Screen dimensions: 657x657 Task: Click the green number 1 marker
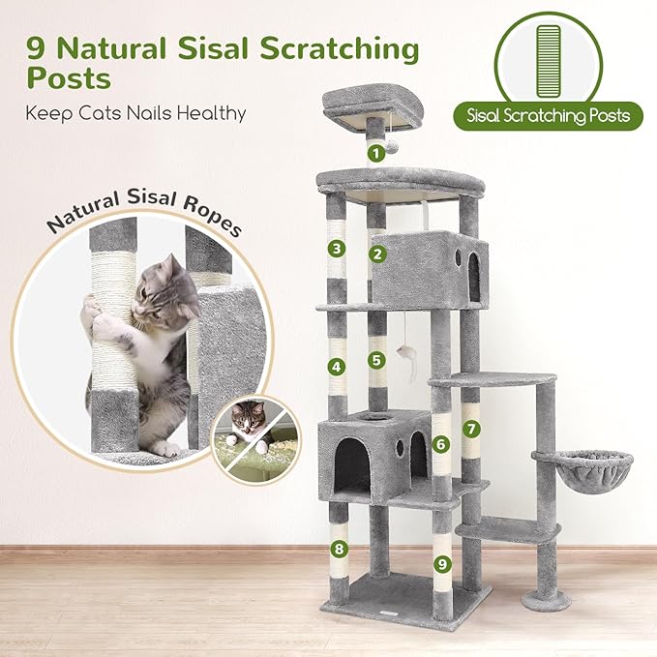tap(375, 152)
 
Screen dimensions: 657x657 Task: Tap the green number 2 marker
tap(377, 255)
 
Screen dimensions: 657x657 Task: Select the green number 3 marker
tap(336, 249)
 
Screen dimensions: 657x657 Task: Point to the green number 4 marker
tap(336, 367)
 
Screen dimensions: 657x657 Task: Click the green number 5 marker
tap(377, 359)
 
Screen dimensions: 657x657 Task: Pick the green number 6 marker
tap(440, 444)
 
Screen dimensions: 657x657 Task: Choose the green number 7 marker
tap(470, 427)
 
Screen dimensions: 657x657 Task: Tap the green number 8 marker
tap(338, 550)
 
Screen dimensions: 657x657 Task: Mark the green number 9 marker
tap(441, 562)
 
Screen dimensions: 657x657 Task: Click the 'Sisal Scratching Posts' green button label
tap(547, 116)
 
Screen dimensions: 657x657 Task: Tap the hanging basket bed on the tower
tap(582, 468)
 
